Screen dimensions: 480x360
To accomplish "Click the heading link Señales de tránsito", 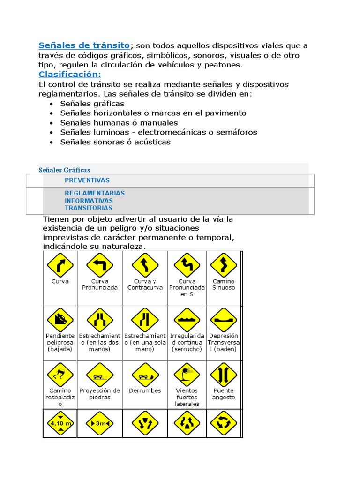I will (x=84, y=45).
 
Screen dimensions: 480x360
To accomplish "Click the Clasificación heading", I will (x=69, y=75).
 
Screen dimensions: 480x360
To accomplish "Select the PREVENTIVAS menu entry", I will (x=87, y=180).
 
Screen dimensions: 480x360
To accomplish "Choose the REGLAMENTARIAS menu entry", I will (x=95, y=193).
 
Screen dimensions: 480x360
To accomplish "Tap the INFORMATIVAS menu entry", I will (x=89, y=201).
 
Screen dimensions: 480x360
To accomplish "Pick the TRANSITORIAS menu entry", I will (x=89, y=208).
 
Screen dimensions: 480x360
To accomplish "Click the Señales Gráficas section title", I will (x=64, y=170).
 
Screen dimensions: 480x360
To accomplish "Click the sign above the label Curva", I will (x=60, y=265).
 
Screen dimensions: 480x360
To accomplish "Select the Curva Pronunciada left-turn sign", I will (x=100, y=265).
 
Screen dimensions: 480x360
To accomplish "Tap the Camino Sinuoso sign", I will (x=224, y=265).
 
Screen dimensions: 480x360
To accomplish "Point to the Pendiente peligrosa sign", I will (x=60, y=320).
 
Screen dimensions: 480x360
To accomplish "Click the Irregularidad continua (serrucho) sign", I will (x=187, y=320).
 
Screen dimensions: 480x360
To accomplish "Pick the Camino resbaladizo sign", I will (x=60, y=375).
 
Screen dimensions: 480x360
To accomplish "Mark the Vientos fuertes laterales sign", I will (x=187, y=375).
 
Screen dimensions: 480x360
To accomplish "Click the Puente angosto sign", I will (x=224, y=375).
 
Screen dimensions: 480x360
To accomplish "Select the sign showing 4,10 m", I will (x=60, y=423).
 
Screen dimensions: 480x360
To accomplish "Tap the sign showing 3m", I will (x=100, y=423).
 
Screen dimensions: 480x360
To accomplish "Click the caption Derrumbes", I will (x=145, y=390).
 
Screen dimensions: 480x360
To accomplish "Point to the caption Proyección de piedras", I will (x=100, y=394).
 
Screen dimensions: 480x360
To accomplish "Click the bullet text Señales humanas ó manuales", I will (x=119, y=123).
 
